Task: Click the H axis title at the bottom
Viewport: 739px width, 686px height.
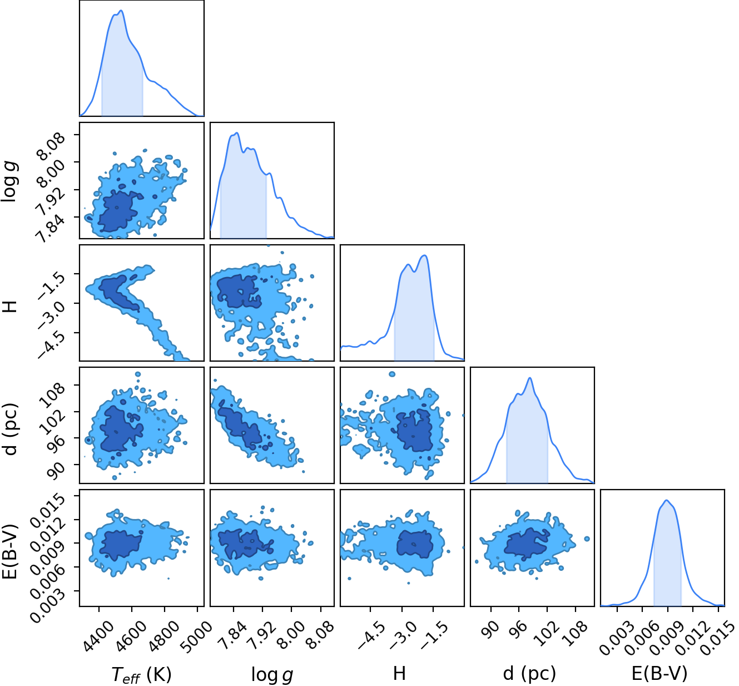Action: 399,673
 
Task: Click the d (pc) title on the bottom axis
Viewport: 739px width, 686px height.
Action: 529,674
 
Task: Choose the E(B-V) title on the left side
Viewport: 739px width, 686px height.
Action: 9,552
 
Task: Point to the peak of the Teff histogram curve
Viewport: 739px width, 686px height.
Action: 121,11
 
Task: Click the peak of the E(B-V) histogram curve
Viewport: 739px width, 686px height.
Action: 667,500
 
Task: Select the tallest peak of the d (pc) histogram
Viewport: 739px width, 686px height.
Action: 529,378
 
